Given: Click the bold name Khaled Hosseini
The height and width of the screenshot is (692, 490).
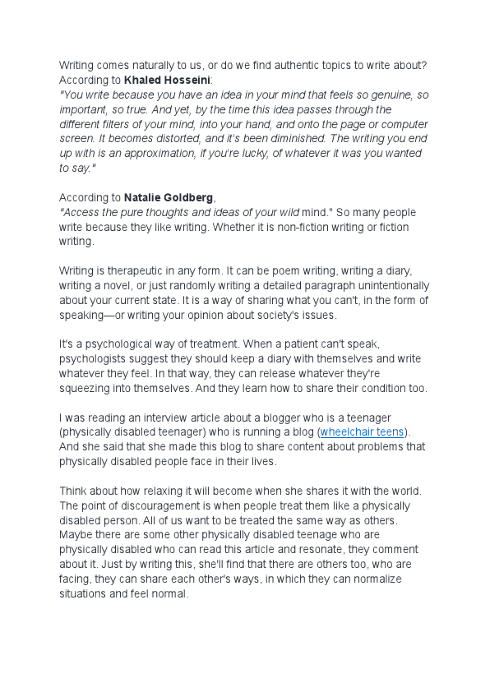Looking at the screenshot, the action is tap(167, 81).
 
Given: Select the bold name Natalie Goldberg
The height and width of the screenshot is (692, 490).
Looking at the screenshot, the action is tap(169, 197).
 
